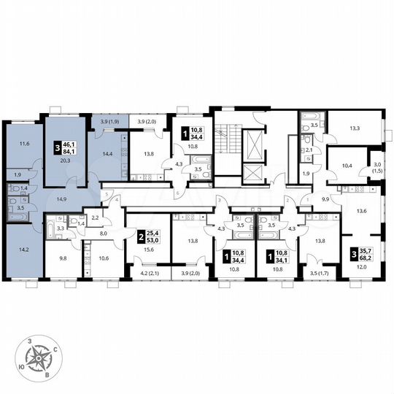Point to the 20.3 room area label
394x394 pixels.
(x=66, y=163)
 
